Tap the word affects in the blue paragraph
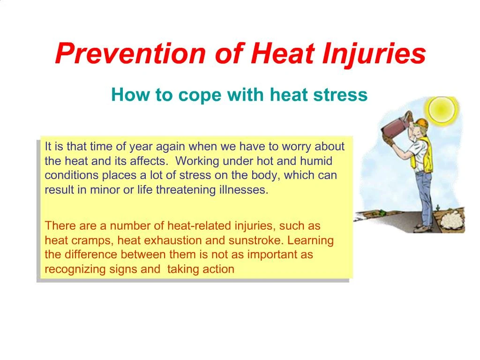pos(150,161)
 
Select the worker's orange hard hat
pos(422,123)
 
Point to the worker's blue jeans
pos(423,197)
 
